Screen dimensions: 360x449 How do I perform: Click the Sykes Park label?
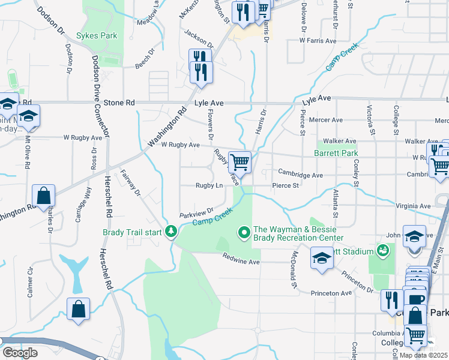tap(97, 36)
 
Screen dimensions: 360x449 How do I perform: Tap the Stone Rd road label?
tap(118, 103)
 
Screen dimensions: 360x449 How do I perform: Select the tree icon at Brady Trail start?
tap(172, 231)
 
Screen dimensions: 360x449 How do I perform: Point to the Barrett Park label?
tap(336, 153)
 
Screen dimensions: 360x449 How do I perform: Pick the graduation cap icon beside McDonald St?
tap(322, 259)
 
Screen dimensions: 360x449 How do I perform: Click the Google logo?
tap(20, 353)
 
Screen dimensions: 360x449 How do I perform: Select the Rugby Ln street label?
tap(209, 186)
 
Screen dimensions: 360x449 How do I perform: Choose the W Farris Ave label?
tap(318, 41)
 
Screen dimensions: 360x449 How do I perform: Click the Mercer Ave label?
tap(326, 120)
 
